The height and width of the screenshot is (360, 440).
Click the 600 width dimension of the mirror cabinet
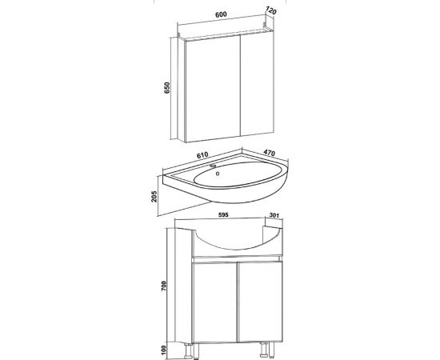[x=221, y=14]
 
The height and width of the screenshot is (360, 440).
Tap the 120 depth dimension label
[x=270, y=11]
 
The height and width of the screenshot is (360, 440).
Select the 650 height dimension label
[x=167, y=88]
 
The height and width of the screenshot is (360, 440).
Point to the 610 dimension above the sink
[x=202, y=155]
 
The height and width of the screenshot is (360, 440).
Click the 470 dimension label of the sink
[x=269, y=153]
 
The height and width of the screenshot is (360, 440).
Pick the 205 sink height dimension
[x=154, y=197]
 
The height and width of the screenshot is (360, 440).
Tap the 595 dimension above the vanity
[x=223, y=215]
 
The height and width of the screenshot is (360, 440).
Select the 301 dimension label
[x=274, y=215]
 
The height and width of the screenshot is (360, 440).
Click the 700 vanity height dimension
[x=164, y=286]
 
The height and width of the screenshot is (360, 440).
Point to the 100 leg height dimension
[x=164, y=350]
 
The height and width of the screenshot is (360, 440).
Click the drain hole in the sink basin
[x=218, y=174]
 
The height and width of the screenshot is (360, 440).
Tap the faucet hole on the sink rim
[x=214, y=166]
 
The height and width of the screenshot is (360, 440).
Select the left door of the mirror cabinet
[x=213, y=89]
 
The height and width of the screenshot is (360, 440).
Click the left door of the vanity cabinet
[x=215, y=302]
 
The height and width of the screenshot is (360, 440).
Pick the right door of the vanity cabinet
[x=261, y=302]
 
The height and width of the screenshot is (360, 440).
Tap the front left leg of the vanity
[x=196, y=351]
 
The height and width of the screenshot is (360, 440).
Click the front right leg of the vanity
[x=271, y=350]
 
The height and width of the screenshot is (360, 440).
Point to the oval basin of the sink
[x=238, y=174]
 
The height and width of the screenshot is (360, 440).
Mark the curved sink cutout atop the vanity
[x=238, y=249]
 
